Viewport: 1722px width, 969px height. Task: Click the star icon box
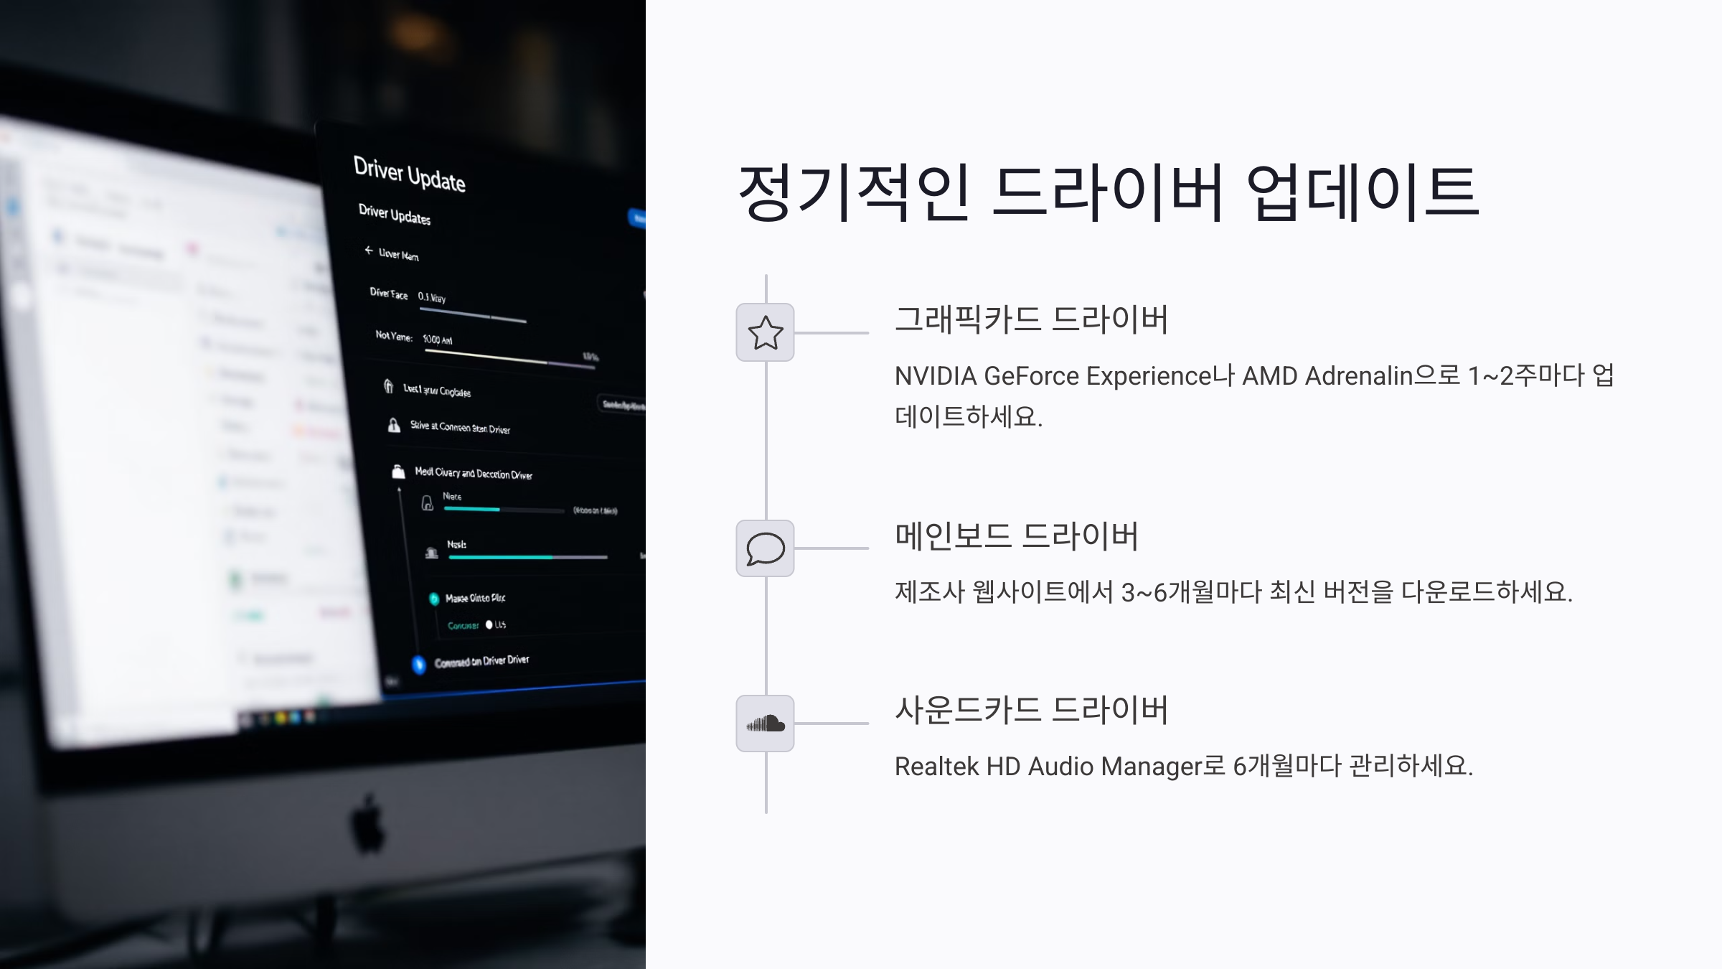765,332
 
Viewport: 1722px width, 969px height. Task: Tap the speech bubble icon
765,549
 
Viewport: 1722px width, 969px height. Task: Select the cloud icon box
765,724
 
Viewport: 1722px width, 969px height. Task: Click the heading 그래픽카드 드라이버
1032,319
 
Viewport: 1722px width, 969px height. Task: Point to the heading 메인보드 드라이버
1017,536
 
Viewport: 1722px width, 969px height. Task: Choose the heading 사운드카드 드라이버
1032,710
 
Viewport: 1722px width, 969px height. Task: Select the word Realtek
936,767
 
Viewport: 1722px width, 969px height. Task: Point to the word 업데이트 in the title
1362,192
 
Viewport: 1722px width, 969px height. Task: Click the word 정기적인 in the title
854,192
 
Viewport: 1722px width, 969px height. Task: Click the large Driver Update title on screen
409,174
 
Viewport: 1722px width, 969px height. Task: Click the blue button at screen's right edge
637,217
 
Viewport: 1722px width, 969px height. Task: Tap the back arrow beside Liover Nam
369,251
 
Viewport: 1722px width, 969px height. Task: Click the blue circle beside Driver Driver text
419,665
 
